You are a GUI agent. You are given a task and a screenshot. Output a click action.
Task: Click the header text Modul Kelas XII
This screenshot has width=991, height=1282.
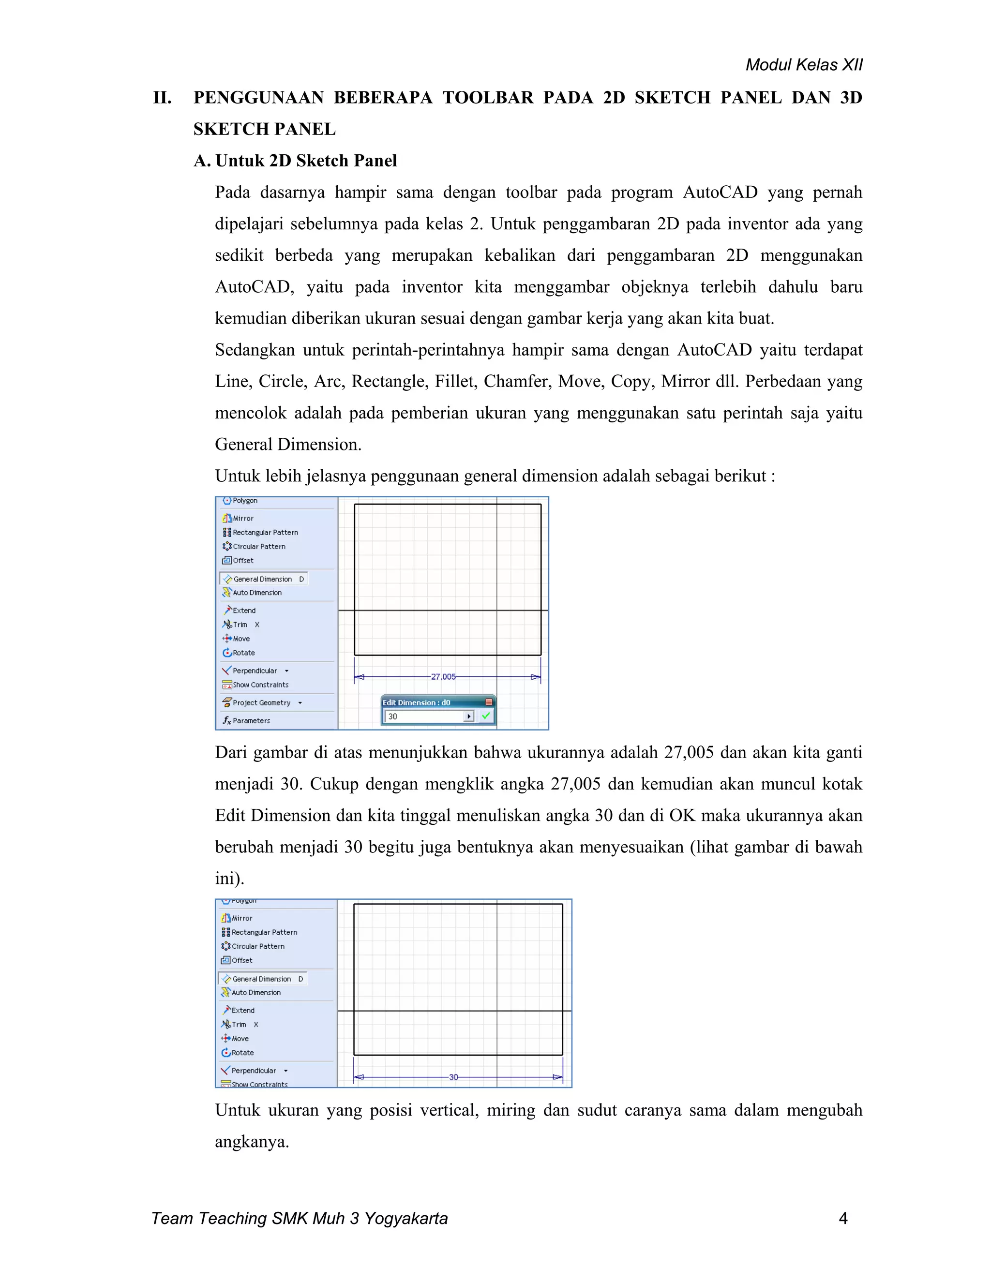tap(803, 64)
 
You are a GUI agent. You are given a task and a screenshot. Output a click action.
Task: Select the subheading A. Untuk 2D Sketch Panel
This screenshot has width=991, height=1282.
tap(295, 161)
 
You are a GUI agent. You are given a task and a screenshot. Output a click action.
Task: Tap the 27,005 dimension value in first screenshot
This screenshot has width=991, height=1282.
tap(443, 677)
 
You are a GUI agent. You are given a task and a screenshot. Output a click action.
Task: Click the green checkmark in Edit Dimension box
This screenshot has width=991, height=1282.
tap(485, 716)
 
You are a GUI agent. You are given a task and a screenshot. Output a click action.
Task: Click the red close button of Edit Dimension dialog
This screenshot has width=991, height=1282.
tap(488, 702)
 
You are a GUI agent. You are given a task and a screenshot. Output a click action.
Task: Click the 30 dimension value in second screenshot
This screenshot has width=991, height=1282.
tap(453, 1077)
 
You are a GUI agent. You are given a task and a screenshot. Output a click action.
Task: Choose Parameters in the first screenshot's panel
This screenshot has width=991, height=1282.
tap(251, 721)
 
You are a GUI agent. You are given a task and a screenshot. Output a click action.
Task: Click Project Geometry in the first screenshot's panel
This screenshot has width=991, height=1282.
tap(261, 702)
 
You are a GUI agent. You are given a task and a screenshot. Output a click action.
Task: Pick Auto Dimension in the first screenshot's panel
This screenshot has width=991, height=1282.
tap(256, 593)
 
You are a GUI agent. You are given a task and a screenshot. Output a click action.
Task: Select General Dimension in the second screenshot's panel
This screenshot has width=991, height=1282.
tap(261, 979)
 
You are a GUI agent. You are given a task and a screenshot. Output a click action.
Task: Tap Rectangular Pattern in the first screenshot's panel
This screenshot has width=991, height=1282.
tap(265, 533)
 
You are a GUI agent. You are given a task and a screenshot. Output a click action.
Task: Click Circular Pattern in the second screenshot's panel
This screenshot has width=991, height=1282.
tap(258, 946)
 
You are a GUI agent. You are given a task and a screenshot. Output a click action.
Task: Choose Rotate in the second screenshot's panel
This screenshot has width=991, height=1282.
tap(242, 1053)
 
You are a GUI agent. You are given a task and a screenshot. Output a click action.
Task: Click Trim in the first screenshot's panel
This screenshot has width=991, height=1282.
tap(240, 625)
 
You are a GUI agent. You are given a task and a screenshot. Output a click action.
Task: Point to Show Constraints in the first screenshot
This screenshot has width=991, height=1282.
tap(260, 685)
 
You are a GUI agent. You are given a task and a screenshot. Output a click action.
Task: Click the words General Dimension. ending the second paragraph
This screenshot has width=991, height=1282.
tap(288, 445)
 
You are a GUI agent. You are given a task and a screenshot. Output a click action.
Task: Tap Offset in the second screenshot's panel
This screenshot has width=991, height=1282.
tap(241, 960)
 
